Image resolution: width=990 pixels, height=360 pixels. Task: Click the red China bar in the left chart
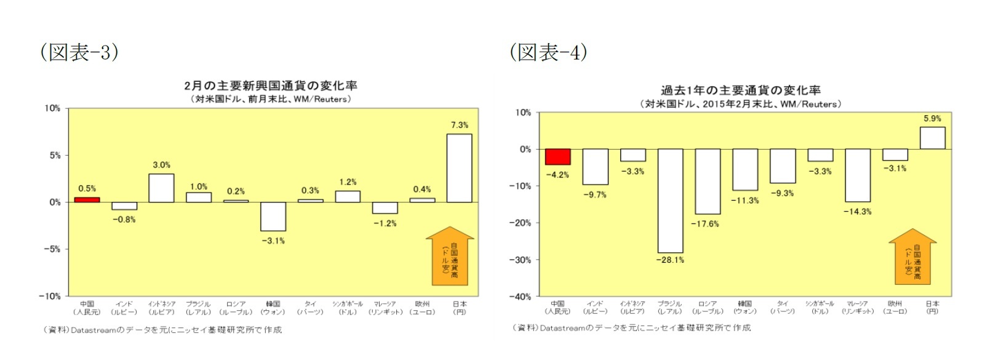pyautogui.click(x=87, y=199)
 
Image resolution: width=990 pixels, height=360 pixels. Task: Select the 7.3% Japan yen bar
pyautogui.click(x=459, y=168)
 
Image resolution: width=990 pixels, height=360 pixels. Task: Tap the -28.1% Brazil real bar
pyautogui.click(x=670, y=201)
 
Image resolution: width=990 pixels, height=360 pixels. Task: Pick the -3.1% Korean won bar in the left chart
pyautogui.click(x=273, y=217)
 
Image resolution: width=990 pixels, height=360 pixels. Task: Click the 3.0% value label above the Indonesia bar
pyautogui.click(x=161, y=165)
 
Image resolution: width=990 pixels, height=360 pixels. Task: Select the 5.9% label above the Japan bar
pyautogui.click(x=932, y=118)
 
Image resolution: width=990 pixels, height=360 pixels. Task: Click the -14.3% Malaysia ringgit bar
pyautogui.click(x=857, y=175)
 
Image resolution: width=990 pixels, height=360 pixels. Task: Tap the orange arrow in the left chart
pyautogui.click(x=450, y=257)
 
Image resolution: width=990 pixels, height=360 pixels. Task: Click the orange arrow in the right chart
pyautogui.click(x=912, y=257)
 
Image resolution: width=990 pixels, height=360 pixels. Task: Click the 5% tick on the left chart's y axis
pyautogui.click(x=55, y=156)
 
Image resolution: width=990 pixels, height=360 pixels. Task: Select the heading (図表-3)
pyautogui.click(x=79, y=52)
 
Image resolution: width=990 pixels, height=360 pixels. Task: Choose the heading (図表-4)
pyautogui.click(x=548, y=52)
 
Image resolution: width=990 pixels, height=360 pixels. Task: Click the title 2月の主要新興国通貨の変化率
pyautogui.click(x=271, y=86)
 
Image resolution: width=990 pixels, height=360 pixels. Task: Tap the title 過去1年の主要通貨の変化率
pyautogui.click(x=740, y=90)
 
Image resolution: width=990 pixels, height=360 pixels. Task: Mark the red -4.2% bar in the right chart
pyautogui.click(x=557, y=157)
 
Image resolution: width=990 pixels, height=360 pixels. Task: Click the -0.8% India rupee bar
pyautogui.click(x=124, y=206)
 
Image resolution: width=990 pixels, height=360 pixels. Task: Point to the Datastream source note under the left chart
pyautogui.click(x=162, y=330)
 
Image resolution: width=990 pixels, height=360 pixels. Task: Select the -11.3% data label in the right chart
pyautogui.click(x=744, y=201)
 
